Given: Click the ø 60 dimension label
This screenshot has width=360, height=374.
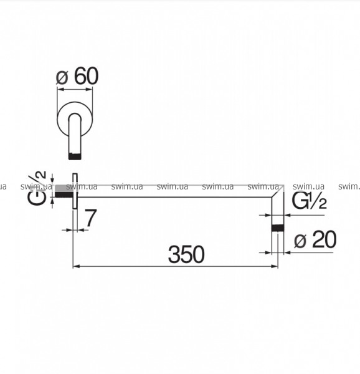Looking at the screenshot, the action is pos(77,76).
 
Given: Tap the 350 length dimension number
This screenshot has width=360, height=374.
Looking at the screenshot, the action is pos(186,254).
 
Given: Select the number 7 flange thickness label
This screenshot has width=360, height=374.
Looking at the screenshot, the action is pos(91,218).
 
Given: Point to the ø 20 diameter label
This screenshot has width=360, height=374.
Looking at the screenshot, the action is pos(315,239).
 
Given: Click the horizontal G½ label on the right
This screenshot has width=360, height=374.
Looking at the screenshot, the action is pos(310,201).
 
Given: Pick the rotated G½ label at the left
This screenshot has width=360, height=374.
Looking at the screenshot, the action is pos(37,188).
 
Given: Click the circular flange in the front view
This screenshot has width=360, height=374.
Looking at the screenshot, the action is pos(75,119).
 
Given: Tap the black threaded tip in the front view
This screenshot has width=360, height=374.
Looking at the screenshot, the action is pos(75,156).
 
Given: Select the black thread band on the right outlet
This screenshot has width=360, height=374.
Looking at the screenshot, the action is pos(278,228).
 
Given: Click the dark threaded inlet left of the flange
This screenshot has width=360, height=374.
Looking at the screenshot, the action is pos(64,191).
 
